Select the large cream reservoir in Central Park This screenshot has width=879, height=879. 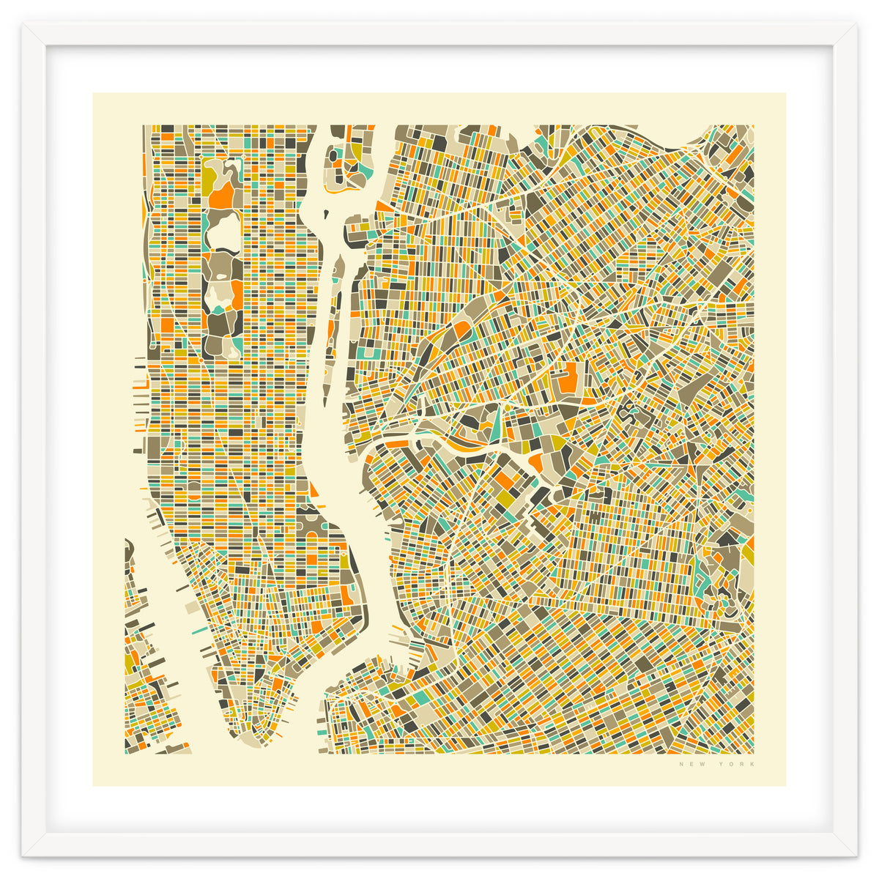coord(223,233)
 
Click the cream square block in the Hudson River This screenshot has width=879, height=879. coord(190,608)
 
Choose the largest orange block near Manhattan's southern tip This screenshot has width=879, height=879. coord(316,626)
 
